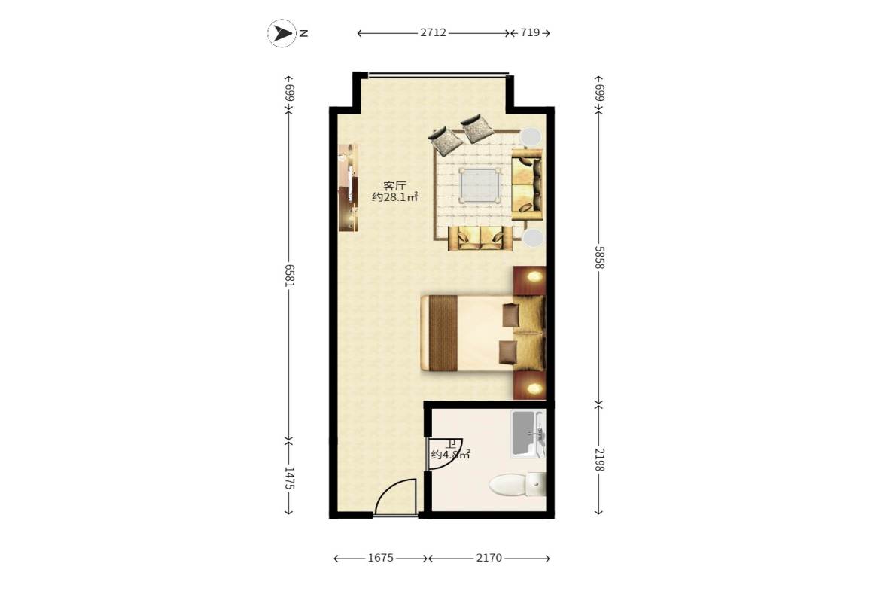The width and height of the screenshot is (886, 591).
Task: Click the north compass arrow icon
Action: click(282, 33)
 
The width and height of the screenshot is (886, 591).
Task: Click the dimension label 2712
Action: click(433, 33)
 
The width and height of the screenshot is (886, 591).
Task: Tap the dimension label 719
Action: click(530, 33)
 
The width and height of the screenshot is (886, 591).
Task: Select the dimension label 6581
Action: click(289, 275)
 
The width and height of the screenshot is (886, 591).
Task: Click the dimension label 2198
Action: click(599, 459)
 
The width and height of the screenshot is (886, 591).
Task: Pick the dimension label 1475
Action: click(289, 477)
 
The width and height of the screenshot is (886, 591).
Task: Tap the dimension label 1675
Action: click(380, 558)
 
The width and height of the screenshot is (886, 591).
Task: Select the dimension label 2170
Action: click(489, 558)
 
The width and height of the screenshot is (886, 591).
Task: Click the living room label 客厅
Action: click(394, 186)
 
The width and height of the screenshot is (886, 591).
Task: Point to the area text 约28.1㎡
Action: click(394, 197)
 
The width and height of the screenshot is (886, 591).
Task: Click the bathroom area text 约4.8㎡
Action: click(450, 455)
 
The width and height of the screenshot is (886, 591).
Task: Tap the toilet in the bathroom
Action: click(517, 485)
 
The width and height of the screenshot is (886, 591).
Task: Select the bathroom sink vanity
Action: click(528, 434)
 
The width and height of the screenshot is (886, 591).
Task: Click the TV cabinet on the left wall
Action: click(348, 187)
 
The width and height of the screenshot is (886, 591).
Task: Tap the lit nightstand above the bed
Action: click(530, 280)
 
